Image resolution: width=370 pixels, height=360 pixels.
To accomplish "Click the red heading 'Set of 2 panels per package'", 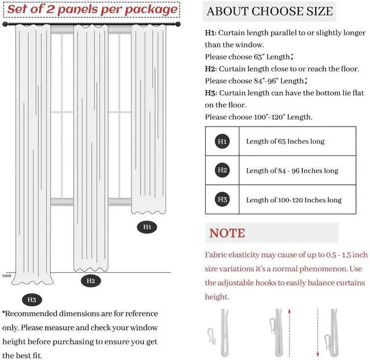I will tap(92, 10).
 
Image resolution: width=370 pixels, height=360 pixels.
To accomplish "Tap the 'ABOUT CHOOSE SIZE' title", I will tap(269, 11).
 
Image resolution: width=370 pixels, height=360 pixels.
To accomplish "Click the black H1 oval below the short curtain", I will tap(147, 227).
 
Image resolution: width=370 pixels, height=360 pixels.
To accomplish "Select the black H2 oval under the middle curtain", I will tap(91, 281).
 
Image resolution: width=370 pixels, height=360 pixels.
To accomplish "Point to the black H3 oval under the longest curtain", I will tap(31, 300).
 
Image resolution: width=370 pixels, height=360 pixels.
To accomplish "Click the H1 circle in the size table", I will tap(223, 142).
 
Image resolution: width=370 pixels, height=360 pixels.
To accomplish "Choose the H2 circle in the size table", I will tap(223, 170).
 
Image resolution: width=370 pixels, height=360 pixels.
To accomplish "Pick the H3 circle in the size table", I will tap(223, 200).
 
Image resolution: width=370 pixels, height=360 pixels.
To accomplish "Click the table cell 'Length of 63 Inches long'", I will tap(285, 142).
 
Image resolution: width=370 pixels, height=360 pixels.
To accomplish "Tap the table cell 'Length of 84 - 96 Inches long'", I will tap(292, 170).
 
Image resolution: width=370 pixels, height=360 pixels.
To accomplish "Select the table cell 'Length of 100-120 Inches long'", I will tap(294, 200).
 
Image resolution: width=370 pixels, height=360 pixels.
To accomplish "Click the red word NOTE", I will tap(227, 233).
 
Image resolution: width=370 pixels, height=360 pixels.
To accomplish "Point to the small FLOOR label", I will tap(6, 276).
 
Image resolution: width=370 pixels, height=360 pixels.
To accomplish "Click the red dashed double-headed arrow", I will tap(317, 332).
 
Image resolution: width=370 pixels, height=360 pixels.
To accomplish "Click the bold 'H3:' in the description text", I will tap(211, 92).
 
